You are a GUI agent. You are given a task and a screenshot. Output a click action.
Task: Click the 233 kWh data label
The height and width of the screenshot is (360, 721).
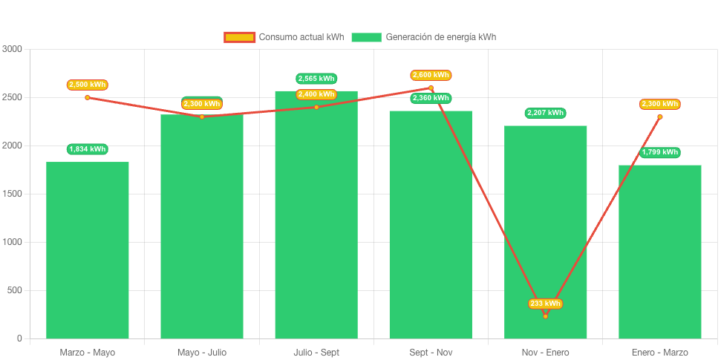click(545, 304)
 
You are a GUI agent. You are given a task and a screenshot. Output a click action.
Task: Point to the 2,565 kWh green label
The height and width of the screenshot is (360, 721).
click(316, 79)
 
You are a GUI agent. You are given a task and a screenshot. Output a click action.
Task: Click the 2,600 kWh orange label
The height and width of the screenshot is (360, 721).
click(431, 75)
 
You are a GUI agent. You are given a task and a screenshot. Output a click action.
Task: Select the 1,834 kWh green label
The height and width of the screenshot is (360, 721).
click(88, 149)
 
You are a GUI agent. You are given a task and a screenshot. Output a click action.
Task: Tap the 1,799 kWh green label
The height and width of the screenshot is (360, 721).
click(660, 152)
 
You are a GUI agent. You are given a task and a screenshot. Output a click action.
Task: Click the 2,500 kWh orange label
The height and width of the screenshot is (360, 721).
click(88, 85)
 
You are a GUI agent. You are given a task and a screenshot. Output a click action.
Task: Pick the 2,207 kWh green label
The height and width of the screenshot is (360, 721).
click(545, 113)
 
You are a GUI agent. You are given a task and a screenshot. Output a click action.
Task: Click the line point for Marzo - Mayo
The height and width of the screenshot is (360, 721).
click(88, 97)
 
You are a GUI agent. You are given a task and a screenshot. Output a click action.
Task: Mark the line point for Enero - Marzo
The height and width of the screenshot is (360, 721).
click(659, 117)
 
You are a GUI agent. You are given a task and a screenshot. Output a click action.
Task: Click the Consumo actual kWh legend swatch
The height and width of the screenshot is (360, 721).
click(239, 37)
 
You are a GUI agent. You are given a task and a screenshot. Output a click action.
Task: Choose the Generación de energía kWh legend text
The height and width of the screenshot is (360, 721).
click(440, 37)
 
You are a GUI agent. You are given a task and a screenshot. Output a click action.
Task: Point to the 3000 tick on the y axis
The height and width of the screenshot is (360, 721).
click(13, 49)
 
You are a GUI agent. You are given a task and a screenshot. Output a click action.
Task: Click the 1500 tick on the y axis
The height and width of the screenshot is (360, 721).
click(13, 194)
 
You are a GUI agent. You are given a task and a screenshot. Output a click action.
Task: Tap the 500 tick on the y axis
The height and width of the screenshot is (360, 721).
click(15, 290)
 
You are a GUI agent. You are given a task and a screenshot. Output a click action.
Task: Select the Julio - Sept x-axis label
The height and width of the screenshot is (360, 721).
click(316, 352)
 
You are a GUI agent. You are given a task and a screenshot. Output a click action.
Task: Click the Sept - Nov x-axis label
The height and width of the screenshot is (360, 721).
click(431, 352)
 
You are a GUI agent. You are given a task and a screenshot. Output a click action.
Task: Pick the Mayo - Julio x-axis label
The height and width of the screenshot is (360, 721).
click(202, 352)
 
